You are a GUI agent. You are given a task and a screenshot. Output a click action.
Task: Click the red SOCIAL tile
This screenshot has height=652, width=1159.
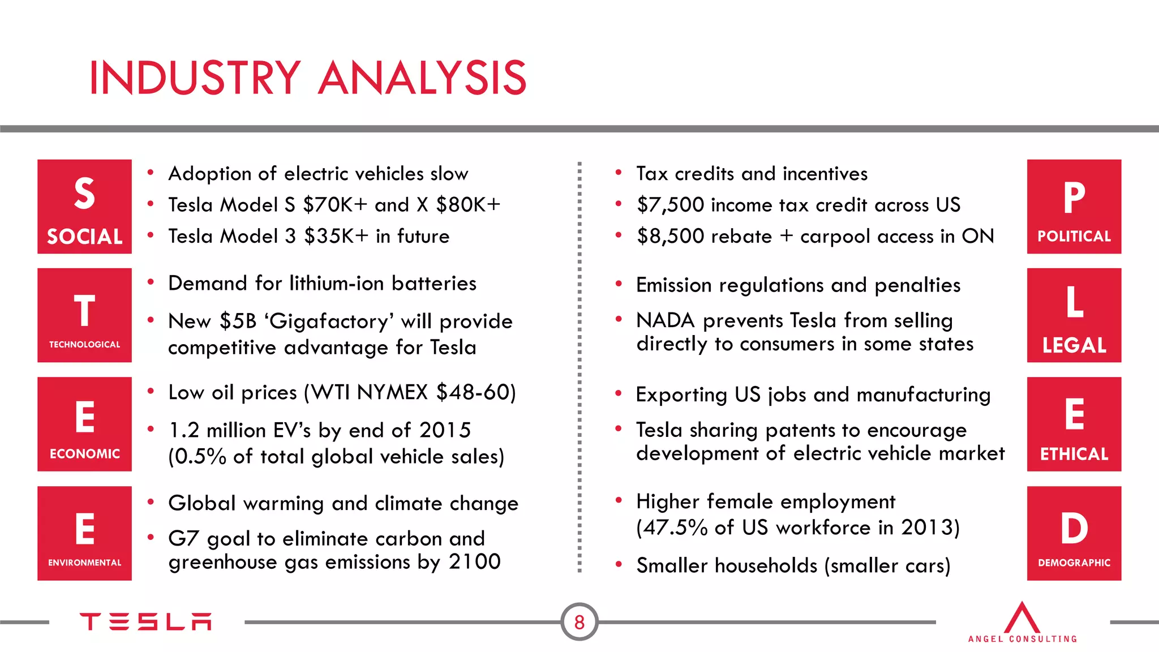coord(84,207)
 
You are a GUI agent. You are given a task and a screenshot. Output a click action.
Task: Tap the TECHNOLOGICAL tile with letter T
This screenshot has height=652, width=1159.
coord(84,315)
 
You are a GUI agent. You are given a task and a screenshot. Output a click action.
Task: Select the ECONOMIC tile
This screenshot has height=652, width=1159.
coord(84,424)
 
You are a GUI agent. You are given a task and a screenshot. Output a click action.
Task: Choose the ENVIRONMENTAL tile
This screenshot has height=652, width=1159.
coord(84,533)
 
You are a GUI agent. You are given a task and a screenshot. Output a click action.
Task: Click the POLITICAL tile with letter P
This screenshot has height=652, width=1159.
coord(1074,207)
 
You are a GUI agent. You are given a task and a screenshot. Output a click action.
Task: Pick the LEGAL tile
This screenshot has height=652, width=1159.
coord(1074,315)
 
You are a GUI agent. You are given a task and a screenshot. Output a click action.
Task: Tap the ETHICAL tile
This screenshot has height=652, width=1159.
coord(1074,424)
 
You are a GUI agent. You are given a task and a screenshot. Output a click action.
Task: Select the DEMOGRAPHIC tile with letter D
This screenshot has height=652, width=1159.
coord(1074,533)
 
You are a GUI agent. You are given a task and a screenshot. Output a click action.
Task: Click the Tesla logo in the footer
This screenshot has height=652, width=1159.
coord(145,621)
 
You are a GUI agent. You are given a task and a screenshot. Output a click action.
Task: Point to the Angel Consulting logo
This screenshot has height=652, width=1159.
coord(1022,623)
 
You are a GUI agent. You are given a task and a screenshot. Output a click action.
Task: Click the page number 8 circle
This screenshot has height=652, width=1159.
coord(579,622)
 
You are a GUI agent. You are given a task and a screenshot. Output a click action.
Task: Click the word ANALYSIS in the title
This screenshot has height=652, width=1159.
coord(422,78)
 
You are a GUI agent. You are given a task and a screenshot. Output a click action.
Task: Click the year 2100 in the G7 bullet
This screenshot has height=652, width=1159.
coord(475,562)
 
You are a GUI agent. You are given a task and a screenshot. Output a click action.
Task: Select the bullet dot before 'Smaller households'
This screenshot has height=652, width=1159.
coord(619,564)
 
